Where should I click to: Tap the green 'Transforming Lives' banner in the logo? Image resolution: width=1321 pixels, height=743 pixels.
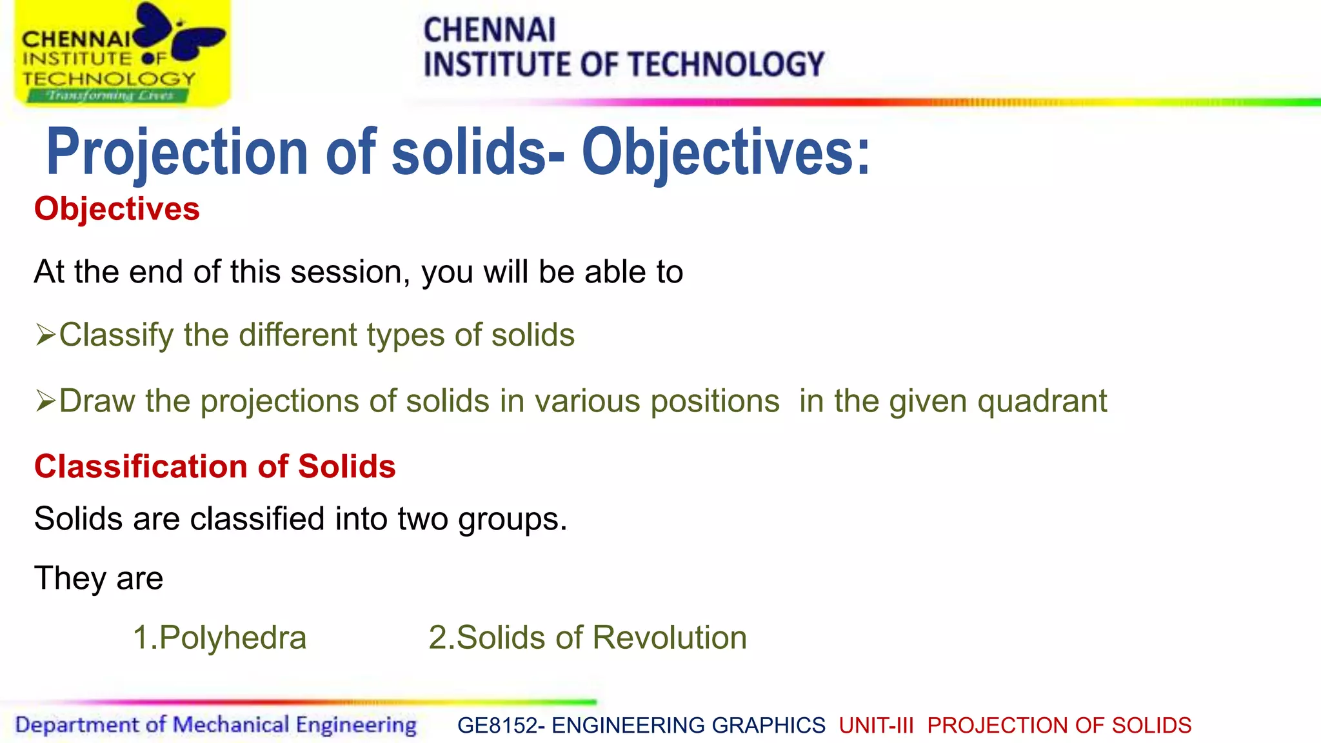tap(108, 95)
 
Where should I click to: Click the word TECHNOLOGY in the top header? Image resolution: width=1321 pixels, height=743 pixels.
tap(726, 64)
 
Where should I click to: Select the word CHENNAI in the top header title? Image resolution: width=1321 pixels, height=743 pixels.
tap(489, 30)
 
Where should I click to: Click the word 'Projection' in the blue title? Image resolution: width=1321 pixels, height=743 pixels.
tap(177, 152)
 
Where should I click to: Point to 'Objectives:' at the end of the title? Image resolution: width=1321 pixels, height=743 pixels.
tap(726, 152)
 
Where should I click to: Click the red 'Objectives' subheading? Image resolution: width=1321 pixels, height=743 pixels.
tap(117, 209)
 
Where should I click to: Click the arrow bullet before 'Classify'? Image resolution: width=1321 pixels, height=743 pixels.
tap(45, 335)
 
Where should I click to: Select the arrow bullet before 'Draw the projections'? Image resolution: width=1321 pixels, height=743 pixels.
tap(45, 401)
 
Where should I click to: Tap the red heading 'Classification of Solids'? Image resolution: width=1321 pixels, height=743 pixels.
tap(215, 466)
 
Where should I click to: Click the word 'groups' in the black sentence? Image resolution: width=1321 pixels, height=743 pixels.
tap(512, 519)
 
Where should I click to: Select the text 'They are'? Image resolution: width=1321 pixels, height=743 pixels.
tap(99, 578)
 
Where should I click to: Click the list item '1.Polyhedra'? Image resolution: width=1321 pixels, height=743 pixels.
tap(219, 638)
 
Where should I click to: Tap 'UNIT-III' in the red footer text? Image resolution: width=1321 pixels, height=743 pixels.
tap(876, 726)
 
